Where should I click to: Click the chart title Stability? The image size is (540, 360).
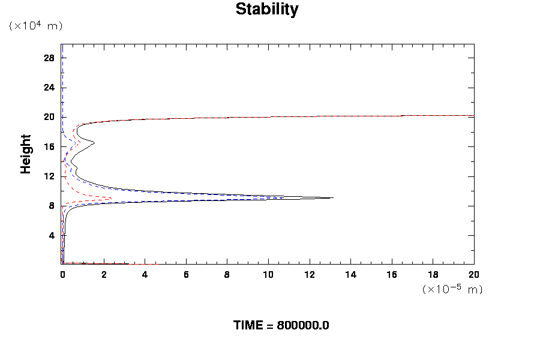click(266, 10)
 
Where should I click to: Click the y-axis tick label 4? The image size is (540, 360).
click(52, 236)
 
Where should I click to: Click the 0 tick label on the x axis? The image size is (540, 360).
click(62, 274)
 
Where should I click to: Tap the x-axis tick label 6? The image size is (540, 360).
click(186, 274)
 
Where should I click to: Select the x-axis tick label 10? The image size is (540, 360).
click(268, 274)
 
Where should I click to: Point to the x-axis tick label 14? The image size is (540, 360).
click(350, 274)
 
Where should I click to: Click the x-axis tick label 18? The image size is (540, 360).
click(433, 274)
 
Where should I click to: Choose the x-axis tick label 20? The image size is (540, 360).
click(473, 274)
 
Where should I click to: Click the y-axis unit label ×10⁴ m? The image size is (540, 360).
click(35, 26)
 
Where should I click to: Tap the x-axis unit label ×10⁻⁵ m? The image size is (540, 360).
click(452, 289)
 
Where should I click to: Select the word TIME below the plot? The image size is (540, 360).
click(248, 326)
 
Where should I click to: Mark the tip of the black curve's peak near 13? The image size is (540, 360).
click(332, 197)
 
